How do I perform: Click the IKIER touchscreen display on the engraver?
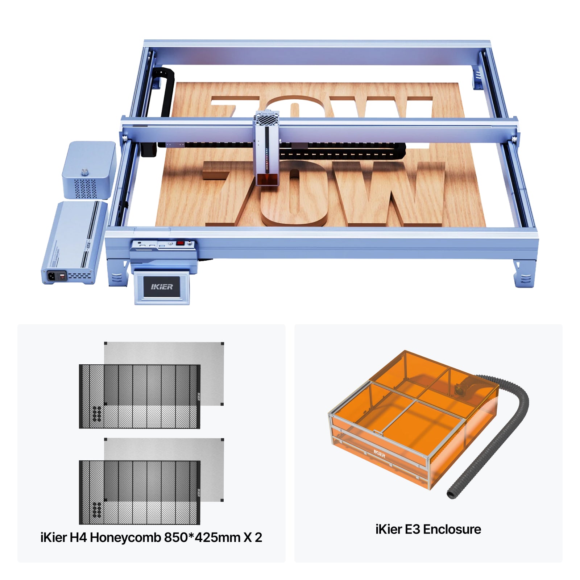pyautogui.click(x=162, y=287)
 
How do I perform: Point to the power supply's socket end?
pyautogui.click(x=58, y=276)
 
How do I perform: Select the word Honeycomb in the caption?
pyautogui.click(x=125, y=537)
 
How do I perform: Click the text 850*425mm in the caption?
pyautogui.click(x=202, y=537)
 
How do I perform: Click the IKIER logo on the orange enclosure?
pyautogui.click(x=380, y=453)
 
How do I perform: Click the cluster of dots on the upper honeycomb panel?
pyautogui.click(x=97, y=414)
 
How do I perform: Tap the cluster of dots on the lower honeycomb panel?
pyautogui.click(x=97, y=510)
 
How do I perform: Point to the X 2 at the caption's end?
pyautogui.click(x=253, y=537)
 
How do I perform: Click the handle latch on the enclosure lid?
pyautogui.click(x=378, y=432)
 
